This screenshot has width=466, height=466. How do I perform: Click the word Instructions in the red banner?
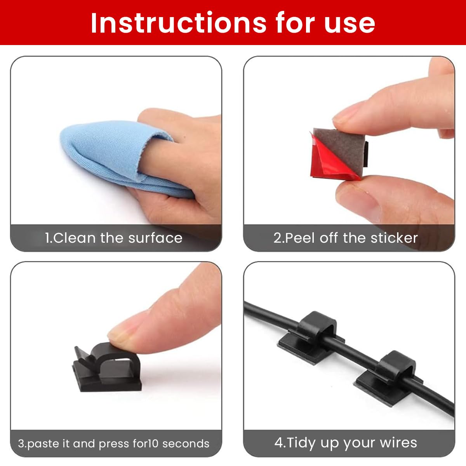pyautogui.click(x=179, y=23)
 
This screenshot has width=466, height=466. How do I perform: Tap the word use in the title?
pyautogui.click(x=349, y=25)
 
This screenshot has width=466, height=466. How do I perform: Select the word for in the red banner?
pyautogui.click(x=296, y=23)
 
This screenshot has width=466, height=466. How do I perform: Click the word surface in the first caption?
pyautogui.click(x=155, y=238)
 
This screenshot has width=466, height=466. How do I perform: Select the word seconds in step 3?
pyautogui.click(x=186, y=444)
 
